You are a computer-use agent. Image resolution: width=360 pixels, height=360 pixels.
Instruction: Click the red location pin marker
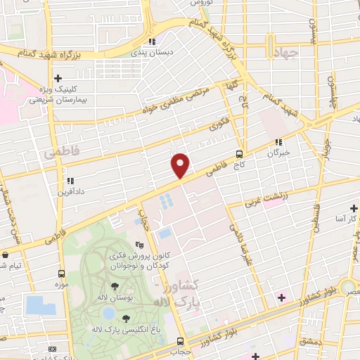point(181,165)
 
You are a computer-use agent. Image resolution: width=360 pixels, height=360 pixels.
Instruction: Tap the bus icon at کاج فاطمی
point(240,153)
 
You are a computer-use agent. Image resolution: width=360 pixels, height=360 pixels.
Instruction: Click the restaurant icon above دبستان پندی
point(153,41)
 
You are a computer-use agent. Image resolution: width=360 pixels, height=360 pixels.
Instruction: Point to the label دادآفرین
point(72,191)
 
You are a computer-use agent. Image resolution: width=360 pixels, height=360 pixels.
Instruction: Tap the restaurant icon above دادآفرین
point(69,181)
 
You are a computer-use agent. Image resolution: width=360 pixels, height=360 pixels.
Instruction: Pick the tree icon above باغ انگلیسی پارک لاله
point(126,318)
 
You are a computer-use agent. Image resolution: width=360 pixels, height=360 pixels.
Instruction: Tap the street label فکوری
point(219,127)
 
